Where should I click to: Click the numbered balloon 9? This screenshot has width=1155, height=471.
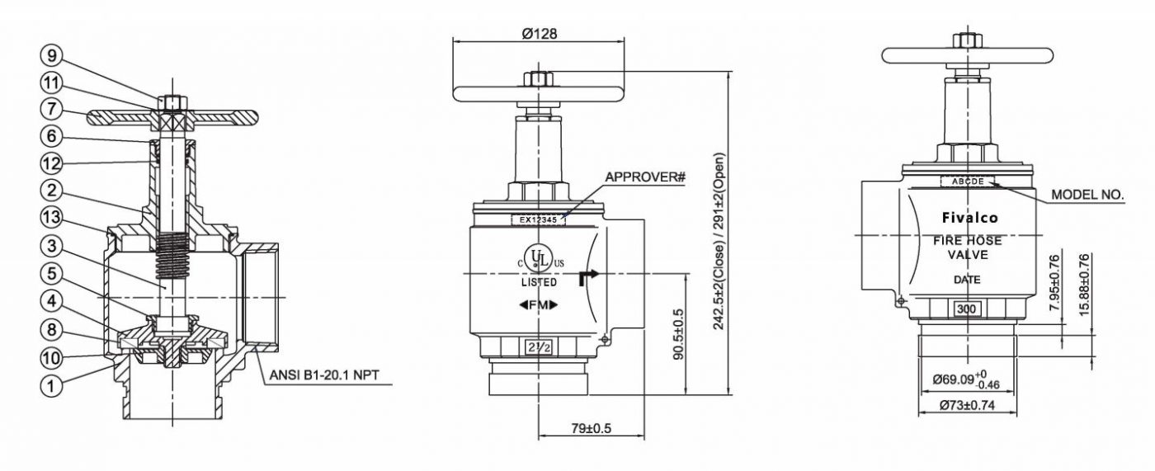[51, 55]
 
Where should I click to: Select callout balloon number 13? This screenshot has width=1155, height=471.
[51, 218]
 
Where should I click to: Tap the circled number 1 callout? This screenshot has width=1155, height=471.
[51, 385]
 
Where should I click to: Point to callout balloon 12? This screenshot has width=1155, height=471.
[51, 164]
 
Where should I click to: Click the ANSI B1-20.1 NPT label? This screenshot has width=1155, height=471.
[323, 374]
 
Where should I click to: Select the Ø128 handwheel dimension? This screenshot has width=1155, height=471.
[540, 34]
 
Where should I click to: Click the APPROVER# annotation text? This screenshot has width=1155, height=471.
[645, 177]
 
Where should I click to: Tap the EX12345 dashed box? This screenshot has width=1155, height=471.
[538, 220]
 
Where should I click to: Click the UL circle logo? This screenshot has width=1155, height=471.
[538, 256]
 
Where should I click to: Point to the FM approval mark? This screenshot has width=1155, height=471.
[538, 305]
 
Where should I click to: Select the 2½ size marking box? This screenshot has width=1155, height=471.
[538, 347]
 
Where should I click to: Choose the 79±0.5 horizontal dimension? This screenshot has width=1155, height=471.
[591, 428]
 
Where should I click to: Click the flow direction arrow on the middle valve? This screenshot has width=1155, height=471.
[587, 278]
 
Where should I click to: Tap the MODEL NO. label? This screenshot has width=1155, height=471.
[1087, 195]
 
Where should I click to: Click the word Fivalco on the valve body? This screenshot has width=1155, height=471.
[970, 218]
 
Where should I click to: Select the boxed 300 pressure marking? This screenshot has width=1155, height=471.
[966, 309]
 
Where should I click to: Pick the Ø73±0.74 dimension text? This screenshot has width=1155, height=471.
[967, 406]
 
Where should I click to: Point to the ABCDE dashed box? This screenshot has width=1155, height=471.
[967, 181]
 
